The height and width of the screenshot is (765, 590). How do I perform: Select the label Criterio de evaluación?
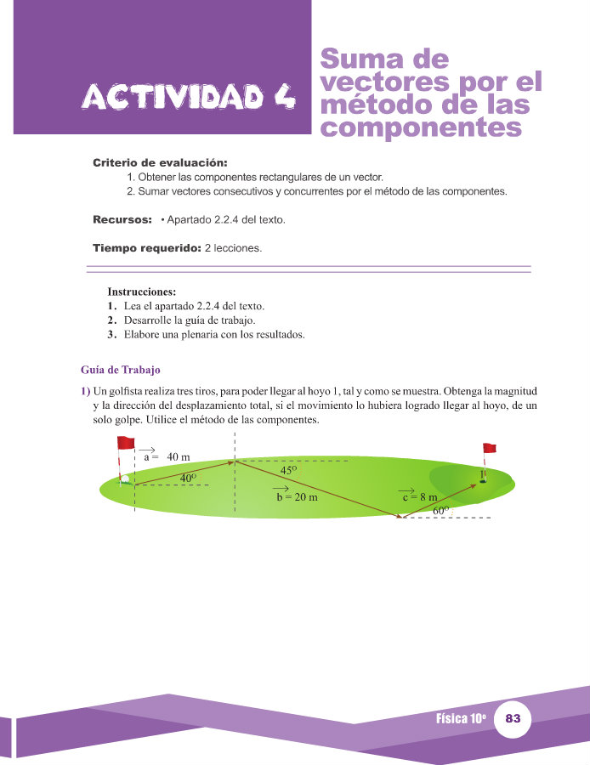pyautogui.click(x=160, y=162)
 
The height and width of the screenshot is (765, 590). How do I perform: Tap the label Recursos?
pyautogui.click(x=122, y=220)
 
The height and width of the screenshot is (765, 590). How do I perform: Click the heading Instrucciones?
pyautogui.click(x=141, y=291)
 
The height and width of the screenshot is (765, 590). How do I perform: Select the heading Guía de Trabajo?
pyautogui.click(x=120, y=370)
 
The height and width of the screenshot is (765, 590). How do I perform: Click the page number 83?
pyautogui.click(x=512, y=719)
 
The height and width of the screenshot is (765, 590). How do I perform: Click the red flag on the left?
pyautogui.click(x=126, y=443)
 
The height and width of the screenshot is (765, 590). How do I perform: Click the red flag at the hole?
pyautogui.click(x=489, y=448)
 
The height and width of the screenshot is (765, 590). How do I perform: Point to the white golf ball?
pyautogui.click(x=125, y=478)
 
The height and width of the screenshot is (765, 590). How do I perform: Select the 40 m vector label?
pyautogui.click(x=167, y=456)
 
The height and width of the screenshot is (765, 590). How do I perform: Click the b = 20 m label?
pyautogui.click(x=297, y=497)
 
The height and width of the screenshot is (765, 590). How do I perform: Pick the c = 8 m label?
pyautogui.click(x=419, y=497)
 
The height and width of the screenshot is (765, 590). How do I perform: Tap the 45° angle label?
pyautogui.click(x=289, y=470)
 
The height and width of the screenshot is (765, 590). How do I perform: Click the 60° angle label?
pyautogui.click(x=440, y=511)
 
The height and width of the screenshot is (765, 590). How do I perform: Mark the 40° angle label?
pyautogui.click(x=188, y=478)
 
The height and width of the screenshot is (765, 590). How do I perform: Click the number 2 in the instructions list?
pyautogui.click(x=111, y=320)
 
